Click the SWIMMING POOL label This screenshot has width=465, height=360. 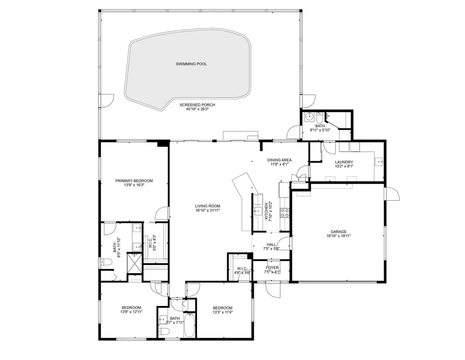tap(191, 64)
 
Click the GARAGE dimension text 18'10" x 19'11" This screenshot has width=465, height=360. tap(338, 236)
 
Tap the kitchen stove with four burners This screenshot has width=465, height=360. tap(285, 212)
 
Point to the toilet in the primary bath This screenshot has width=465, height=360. tap(105, 261)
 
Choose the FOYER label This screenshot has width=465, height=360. tap(272, 268)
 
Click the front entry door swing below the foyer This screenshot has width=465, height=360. tap(273, 291)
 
